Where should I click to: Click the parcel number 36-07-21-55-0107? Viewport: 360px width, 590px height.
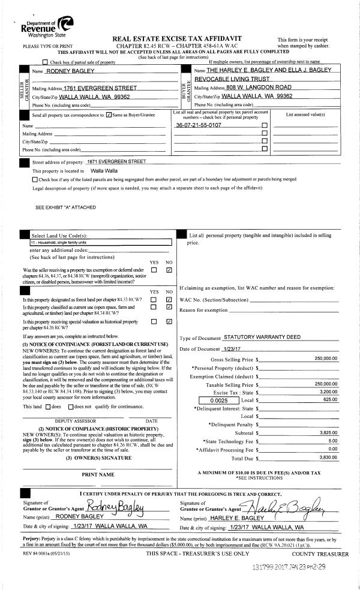tap(199, 125)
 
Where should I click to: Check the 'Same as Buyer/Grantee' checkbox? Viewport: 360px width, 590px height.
tap(109, 115)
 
